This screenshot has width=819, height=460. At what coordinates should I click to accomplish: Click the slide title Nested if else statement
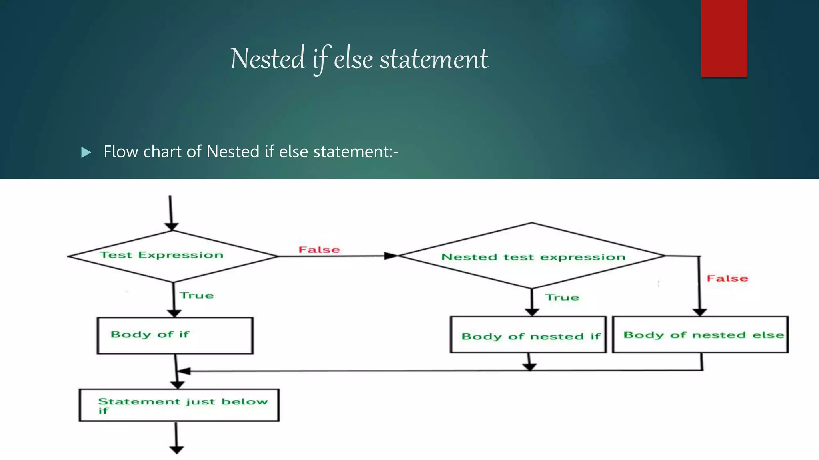[359, 59]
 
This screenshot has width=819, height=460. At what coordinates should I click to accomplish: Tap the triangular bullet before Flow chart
[86, 152]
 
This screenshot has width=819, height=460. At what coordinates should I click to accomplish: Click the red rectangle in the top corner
[724, 38]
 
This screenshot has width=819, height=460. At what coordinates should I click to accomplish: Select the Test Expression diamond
[172, 256]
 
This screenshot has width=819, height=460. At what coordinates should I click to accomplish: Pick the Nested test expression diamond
[532, 256]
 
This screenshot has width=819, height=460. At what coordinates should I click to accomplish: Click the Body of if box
[175, 336]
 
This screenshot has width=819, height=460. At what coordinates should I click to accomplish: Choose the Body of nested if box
[528, 335]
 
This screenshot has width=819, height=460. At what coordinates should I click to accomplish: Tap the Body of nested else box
[700, 335]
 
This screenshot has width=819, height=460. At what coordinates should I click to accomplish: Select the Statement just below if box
[179, 405]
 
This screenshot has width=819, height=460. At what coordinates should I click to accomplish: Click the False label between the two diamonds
[319, 250]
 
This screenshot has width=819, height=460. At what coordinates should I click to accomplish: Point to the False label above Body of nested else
[727, 278]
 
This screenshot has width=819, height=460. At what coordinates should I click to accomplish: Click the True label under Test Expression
[196, 295]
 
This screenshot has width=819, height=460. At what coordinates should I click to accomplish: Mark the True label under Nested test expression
[562, 297]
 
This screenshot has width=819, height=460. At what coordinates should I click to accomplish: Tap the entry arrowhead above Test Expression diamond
[172, 226]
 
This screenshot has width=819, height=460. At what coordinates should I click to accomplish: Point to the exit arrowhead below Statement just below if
[176, 450]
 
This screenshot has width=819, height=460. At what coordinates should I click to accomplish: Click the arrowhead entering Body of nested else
[700, 312]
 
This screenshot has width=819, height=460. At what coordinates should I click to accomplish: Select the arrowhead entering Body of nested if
[532, 312]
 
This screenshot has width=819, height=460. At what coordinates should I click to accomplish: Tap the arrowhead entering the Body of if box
[174, 313]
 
